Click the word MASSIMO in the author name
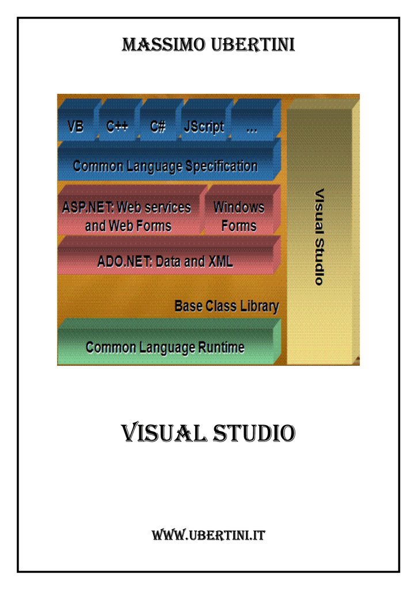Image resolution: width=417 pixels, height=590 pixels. [x=164, y=44]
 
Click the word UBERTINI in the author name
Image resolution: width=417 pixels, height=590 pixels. [x=253, y=44]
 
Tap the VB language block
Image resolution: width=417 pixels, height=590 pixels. [x=78, y=120]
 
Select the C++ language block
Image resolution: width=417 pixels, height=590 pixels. [x=119, y=120]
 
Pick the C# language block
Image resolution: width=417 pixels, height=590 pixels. [x=160, y=120]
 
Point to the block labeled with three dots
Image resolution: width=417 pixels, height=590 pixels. [x=256, y=120]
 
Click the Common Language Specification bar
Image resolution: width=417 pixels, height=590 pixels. [x=169, y=160]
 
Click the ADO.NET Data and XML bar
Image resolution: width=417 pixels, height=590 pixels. [x=169, y=255]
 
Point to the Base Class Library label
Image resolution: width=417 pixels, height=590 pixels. [x=227, y=306]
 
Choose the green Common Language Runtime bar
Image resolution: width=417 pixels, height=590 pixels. [x=169, y=342]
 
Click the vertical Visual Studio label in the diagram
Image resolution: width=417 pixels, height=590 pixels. [x=319, y=237]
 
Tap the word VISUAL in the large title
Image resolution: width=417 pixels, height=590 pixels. [x=164, y=433]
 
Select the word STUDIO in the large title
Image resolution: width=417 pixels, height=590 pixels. [x=254, y=433]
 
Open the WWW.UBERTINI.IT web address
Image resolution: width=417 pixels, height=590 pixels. [x=208, y=535]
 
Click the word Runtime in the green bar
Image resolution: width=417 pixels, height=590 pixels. [x=221, y=347]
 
